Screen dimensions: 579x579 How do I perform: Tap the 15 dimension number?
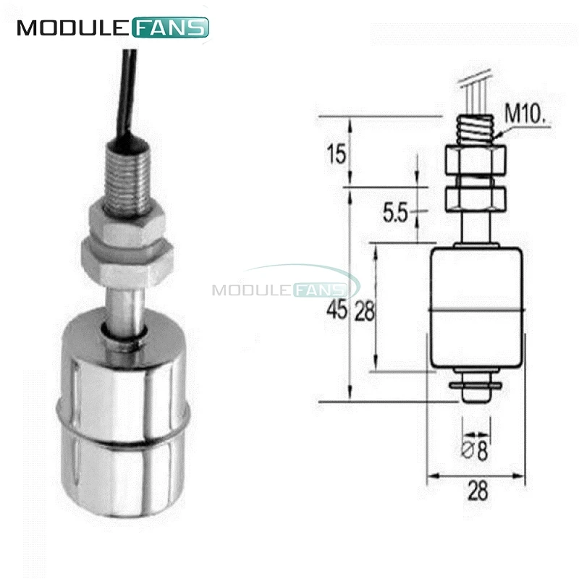click(x=337, y=153)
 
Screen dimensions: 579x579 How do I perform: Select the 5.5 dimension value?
click(x=394, y=213)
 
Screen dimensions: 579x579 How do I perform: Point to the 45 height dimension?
click(x=337, y=310)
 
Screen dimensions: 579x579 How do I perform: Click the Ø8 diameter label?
click(x=476, y=451)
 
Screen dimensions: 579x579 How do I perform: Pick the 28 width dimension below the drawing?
click(x=478, y=491)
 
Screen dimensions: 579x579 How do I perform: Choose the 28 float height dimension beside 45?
click(x=365, y=311)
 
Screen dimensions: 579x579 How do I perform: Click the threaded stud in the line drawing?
click(x=475, y=130)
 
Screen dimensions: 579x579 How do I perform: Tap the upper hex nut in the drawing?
click(x=476, y=159)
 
